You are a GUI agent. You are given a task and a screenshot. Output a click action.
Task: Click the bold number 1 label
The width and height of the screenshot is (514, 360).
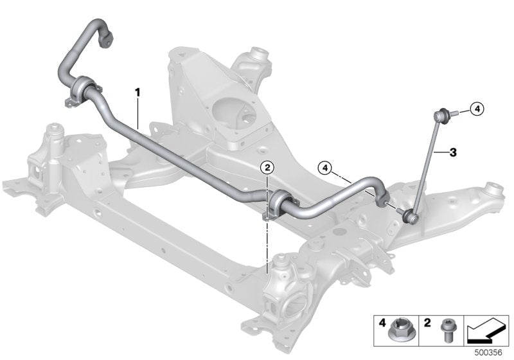pos(137,92)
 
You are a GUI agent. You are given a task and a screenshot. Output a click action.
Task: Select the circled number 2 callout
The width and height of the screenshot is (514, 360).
pos(267,167)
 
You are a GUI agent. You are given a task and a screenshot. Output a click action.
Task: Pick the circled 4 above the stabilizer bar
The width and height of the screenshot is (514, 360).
pos(326,168)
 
